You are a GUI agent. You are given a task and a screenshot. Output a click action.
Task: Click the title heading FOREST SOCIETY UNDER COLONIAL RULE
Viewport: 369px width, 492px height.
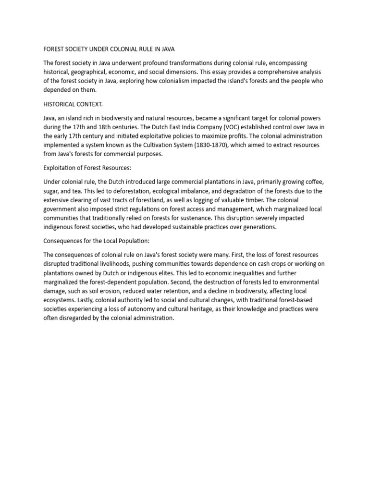(109, 49)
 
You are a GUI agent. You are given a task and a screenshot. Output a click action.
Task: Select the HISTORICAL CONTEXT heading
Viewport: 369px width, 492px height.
(73, 104)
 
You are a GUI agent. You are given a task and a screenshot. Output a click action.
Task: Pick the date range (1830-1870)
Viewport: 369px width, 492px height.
(216, 145)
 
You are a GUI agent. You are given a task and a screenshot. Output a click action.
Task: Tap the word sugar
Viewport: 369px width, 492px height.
(52, 191)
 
